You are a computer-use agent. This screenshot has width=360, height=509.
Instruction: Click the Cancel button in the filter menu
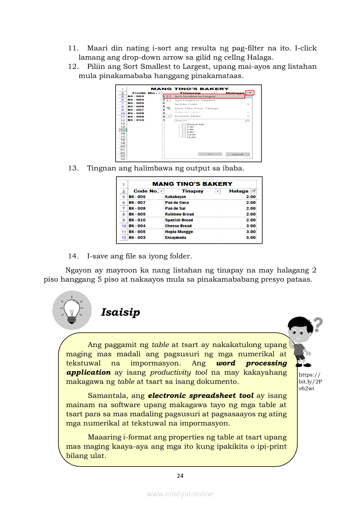[238, 154]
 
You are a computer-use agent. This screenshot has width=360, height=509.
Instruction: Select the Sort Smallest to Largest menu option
[195, 96]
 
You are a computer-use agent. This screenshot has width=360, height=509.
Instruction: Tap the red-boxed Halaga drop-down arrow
[249, 93]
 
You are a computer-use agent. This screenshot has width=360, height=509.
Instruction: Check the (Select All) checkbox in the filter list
[184, 125]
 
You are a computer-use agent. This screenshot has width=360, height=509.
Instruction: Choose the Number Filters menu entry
[188, 116]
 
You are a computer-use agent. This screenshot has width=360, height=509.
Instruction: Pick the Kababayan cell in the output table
[175, 197]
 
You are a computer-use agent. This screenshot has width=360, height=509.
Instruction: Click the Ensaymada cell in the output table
[175, 238]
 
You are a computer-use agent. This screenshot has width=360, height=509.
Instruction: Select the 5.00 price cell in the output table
[251, 238]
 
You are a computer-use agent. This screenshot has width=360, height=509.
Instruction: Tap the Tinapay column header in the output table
[192, 191]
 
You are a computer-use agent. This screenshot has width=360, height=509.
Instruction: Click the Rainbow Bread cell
[179, 214]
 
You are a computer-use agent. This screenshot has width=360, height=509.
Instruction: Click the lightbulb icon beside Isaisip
[72, 310]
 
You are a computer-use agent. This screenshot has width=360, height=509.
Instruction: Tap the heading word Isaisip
[120, 312]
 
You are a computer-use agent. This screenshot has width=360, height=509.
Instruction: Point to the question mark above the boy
[318, 324]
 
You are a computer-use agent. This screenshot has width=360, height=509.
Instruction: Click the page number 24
[180, 476]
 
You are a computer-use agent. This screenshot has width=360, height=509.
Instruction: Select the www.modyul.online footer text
[180, 494]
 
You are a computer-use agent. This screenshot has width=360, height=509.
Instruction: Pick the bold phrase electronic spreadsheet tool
[200, 396]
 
